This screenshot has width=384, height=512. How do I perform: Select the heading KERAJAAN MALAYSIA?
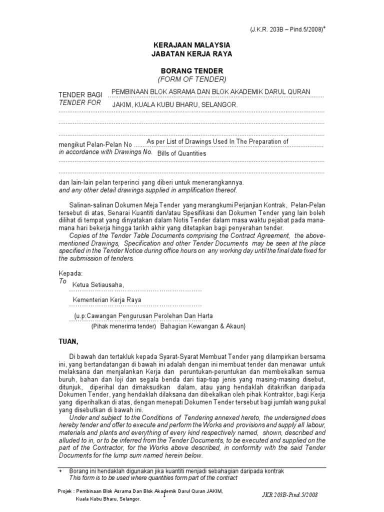click(x=192, y=44)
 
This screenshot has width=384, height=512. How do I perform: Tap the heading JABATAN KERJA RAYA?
click(x=192, y=53)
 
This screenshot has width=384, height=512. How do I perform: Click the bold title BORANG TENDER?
click(x=192, y=70)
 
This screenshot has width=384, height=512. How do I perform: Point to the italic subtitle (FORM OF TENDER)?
click(x=192, y=79)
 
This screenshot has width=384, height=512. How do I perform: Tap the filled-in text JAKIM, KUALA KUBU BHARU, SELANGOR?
click(x=174, y=105)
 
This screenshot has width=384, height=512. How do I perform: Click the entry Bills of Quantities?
click(x=181, y=153)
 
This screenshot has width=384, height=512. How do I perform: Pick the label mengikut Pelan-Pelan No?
click(x=95, y=145)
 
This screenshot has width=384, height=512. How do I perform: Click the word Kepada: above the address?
click(x=70, y=273)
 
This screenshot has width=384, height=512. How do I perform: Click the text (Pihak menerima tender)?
click(x=123, y=326)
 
